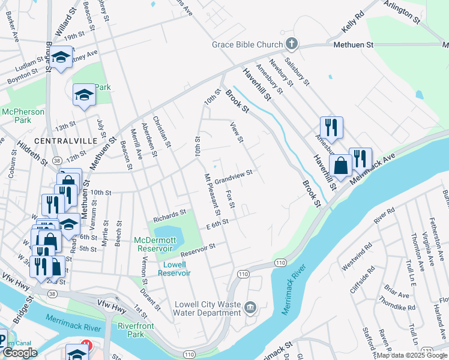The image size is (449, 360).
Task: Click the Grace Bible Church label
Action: click(247, 45)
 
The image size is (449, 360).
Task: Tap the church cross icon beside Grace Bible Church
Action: click(291, 43)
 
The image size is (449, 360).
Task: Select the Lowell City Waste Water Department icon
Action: click(250, 308)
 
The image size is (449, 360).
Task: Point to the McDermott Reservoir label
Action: click(155, 244)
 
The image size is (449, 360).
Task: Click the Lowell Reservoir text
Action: click(174, 268)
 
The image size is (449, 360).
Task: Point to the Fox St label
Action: click(230, 199)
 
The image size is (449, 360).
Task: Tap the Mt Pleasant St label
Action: click(212, 194)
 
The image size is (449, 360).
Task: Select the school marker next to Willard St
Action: click(61, 58)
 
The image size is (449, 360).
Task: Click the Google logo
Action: click(19, 353)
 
